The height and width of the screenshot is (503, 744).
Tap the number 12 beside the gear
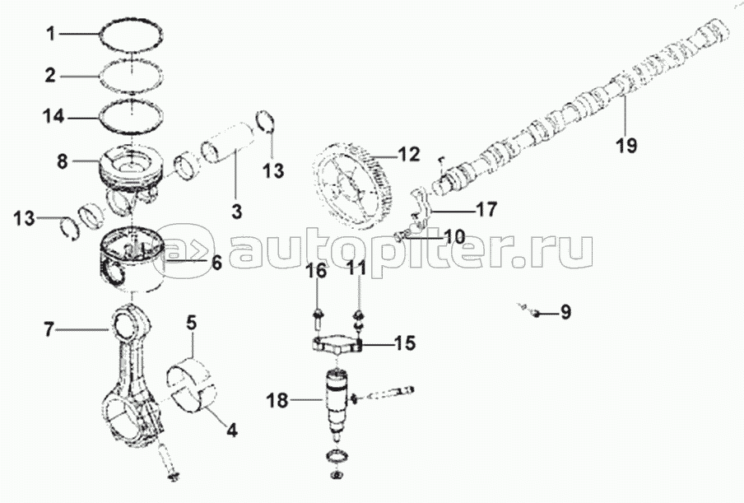pyautogui.click(x=408, y=154)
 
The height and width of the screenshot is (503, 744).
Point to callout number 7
pyautogui.click(x=49, y=330)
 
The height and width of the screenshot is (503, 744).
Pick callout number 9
pyautogui.click(x=565, y=312)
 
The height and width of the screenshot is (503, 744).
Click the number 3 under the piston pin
pyautogui.click(x=236, y=212)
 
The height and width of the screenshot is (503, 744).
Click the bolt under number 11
pyautogui.click(x=359, y=316)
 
